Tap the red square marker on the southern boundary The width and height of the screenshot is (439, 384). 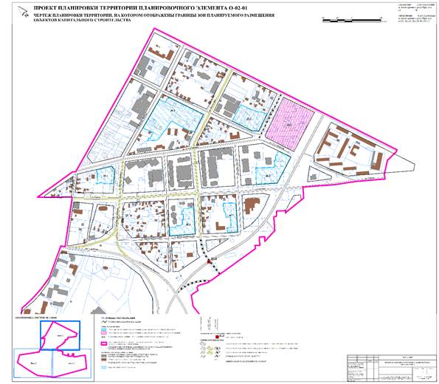pyautogui.click(x=210, y=261)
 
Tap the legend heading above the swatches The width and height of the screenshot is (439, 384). pyautogui.click(x=117, y=319)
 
